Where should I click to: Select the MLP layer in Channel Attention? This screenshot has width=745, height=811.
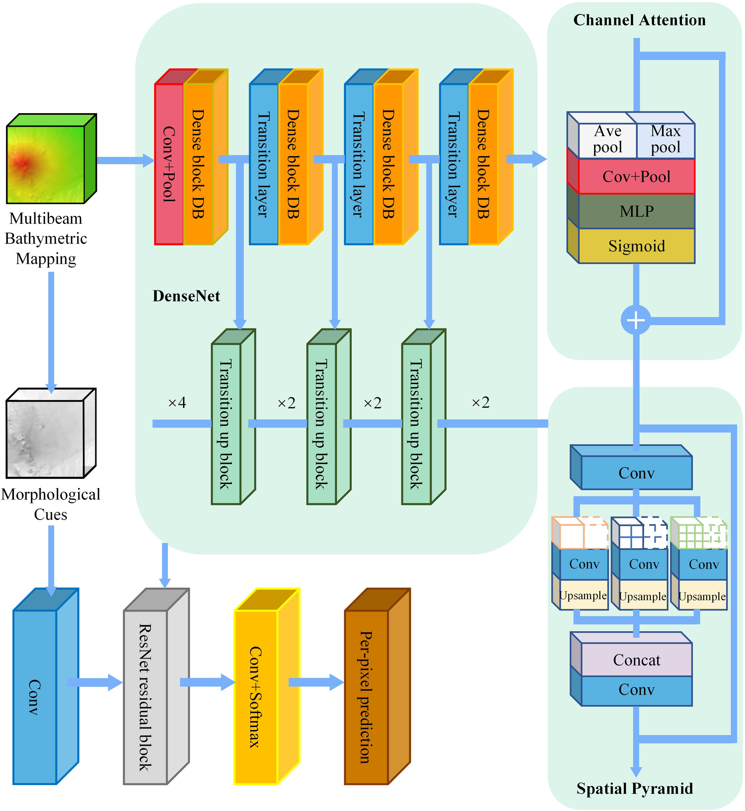click(x=636, y=211)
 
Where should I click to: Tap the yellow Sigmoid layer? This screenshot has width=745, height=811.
click(x=636, y=246)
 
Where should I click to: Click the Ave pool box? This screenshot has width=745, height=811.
click(x=607, y=139)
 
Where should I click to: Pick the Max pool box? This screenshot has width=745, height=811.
click(x=665, y=139)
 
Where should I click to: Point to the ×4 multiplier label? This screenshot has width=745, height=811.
click(x=177, y=402)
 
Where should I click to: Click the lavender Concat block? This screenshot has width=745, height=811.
click(x=636, y=660)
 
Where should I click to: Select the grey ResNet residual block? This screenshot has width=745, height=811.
click(x=145, y=697)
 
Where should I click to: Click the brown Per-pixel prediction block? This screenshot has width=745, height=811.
click(x=366, y=697)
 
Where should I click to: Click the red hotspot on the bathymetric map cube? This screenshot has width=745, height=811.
click(x=22, y=163)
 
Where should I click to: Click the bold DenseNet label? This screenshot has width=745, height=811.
click(x=186, y=296)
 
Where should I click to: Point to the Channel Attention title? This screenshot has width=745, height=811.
click(x=639, y=20)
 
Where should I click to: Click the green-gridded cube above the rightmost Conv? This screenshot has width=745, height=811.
click(x=699, y=533)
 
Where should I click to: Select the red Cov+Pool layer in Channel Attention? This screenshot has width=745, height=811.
click(x=636, y=176)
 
